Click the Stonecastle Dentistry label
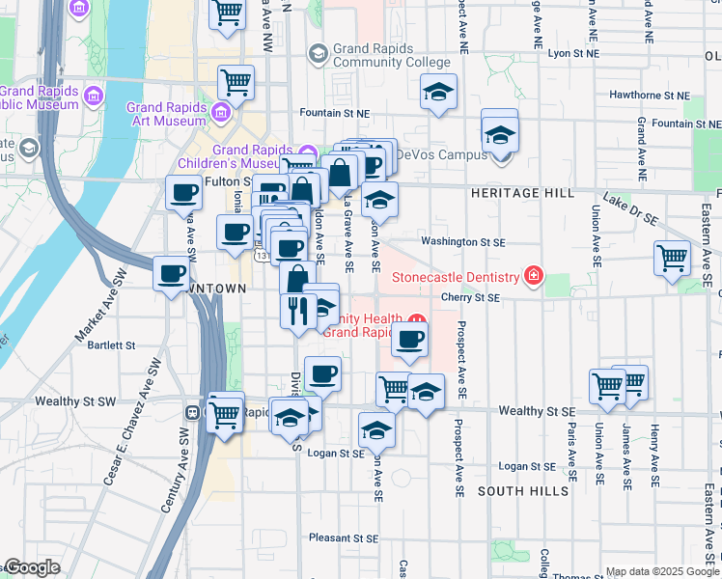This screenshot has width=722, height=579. coord(457,278)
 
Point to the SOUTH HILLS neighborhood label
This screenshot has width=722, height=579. coord(522,491)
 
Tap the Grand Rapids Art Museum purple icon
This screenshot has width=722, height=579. coord(220,113)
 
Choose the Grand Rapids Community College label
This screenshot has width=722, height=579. coord(391,55)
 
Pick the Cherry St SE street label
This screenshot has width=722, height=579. coord(470,298)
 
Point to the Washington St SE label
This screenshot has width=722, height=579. coord(458,242)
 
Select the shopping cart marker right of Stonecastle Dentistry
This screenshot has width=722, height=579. coord(672,258)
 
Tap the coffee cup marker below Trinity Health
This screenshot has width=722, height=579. coord(409,340)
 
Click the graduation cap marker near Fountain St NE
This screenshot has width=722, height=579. coord(438,94)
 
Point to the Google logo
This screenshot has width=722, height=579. coord(31,568)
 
